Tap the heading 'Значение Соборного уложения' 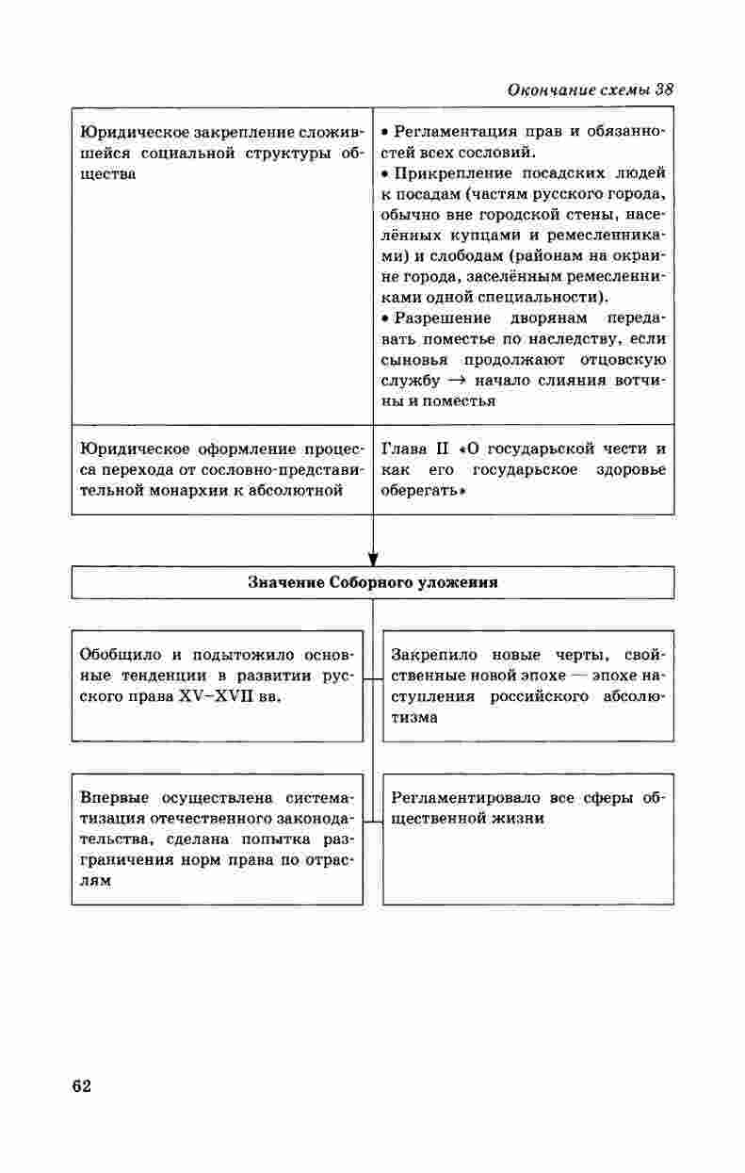click(372, 582)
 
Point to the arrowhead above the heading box click(373, 559)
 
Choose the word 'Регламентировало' click(467, 797)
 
